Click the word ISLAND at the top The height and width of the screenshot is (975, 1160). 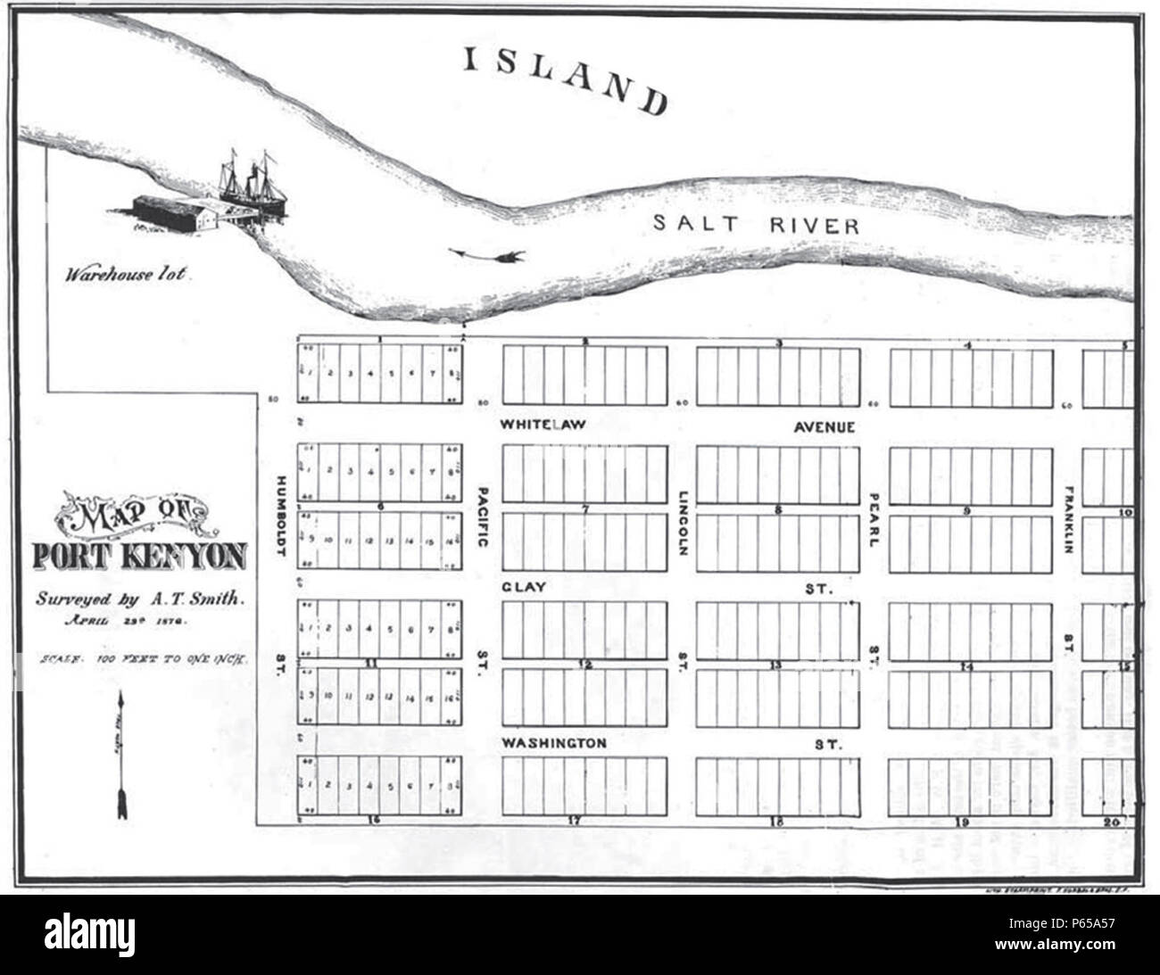click(565, 78)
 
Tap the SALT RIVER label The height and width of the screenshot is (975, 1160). click(756, 224)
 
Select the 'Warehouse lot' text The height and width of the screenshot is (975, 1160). click(125, 274)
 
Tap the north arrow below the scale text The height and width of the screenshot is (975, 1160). click(120, 758)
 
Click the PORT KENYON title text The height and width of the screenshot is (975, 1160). click(140, 556)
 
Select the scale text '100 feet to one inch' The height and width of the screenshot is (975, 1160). click(143, 661)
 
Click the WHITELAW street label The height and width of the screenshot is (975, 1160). click(543, 425)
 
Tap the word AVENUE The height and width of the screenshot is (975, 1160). click(824, 427)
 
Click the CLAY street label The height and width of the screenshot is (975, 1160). click(524, 587)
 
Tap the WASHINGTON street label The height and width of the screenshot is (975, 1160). click(553, 743)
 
